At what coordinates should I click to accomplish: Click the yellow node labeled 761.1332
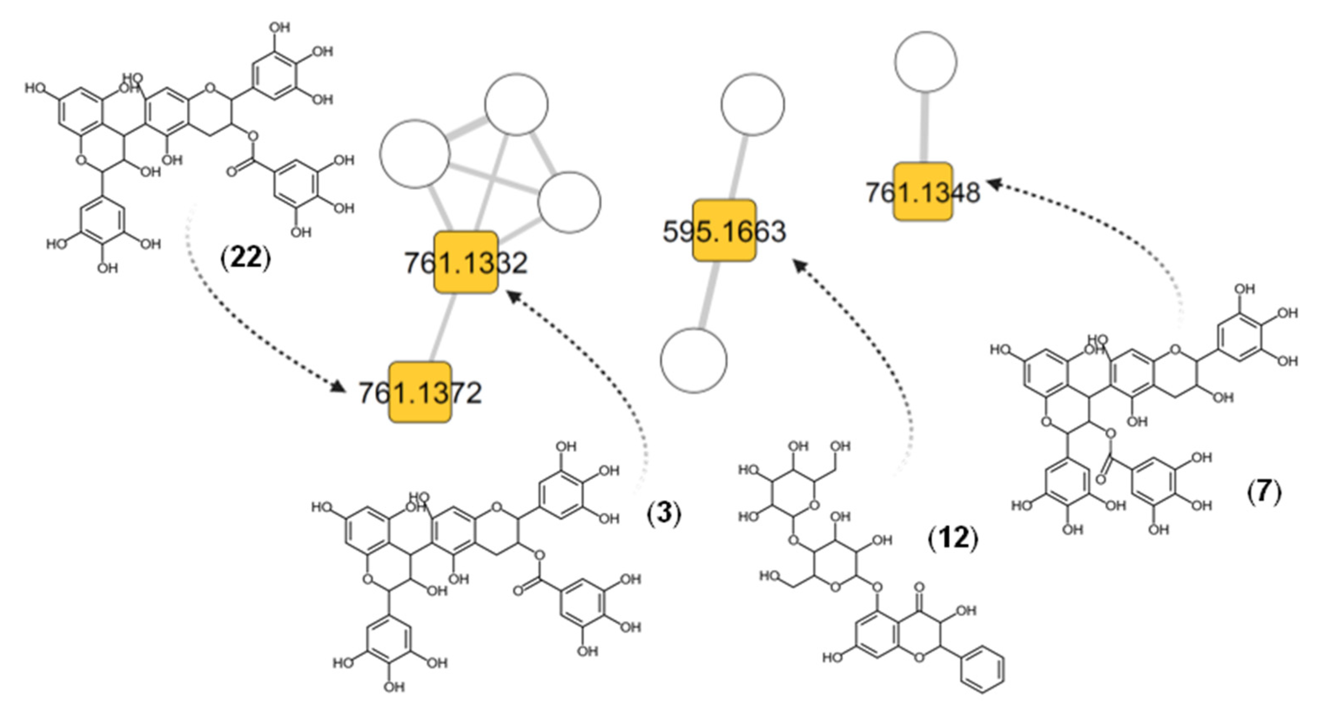465,263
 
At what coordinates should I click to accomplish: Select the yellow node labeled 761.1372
420,393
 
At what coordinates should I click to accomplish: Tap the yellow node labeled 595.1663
724,231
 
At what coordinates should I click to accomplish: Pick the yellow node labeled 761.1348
923,192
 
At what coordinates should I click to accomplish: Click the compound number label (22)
245,259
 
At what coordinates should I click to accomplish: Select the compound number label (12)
952,538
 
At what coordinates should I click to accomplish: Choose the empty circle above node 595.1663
753,104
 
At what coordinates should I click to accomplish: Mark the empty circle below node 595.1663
694,360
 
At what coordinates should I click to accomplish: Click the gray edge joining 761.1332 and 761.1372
443,327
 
